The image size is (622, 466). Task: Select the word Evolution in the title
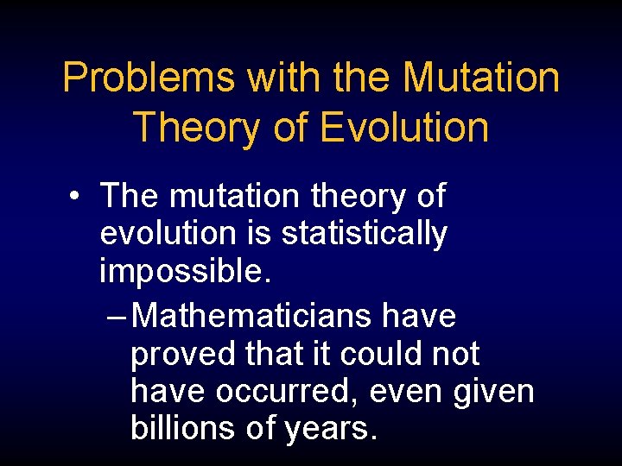click(404, 128)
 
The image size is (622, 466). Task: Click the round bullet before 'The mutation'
click(78, 198)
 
